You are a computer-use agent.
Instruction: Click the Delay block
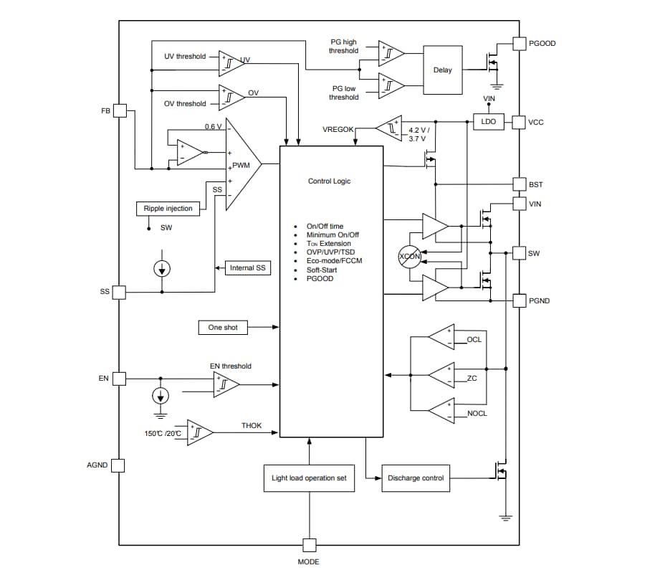(x=443, y=70)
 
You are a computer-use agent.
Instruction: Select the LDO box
(x=488, y=122)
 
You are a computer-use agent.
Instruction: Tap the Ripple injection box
(x=168, y=209)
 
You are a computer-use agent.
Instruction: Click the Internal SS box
(x=247, y=267)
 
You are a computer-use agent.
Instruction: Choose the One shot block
(x=223, y=327)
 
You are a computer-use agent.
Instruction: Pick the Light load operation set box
(x=309, y=478)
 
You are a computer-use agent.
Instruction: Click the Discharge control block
(x=416, y=478)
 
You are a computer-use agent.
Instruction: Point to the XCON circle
(x=410, y=256)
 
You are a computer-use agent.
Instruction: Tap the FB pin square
(x=119, y=111)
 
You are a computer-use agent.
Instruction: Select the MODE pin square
(x=309, y=544)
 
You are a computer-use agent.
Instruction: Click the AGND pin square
(x=118, y=465)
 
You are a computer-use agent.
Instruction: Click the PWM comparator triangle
(x=241, y=164)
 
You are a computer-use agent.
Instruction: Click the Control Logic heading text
(x=329, y=181)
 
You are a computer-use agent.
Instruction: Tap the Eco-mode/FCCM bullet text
(x=334, y=261)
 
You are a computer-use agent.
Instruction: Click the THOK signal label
(x=252, y=426)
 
